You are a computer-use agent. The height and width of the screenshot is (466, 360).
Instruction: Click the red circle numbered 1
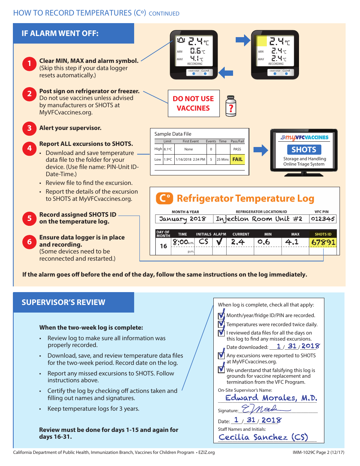coord(29,64)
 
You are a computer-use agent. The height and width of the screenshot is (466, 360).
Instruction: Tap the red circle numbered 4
coord(29,148)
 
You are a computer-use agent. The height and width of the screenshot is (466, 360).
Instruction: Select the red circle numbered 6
coord(29,241)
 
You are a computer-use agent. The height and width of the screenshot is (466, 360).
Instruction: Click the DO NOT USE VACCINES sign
coord(193,103)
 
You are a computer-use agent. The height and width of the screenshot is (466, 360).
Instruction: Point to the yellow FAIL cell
coord(237,160)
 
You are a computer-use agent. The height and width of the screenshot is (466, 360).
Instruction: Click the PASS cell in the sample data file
coord(237,149)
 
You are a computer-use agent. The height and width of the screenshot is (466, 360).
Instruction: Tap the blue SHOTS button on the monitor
coord(304,150)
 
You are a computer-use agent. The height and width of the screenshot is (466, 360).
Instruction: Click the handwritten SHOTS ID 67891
coord(323,242)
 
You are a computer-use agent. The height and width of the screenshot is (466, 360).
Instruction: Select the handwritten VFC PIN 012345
coord(323,219)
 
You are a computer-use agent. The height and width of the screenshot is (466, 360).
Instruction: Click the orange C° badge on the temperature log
coord(164,198)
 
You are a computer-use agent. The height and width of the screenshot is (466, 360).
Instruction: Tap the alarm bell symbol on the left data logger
coord(182,40)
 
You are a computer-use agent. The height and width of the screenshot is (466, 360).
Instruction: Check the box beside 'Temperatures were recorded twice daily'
coord(221,324)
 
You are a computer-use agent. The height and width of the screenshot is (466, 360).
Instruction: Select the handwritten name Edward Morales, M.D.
coord(271,397)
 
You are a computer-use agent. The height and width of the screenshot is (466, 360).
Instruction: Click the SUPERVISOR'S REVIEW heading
coord(63,302)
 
